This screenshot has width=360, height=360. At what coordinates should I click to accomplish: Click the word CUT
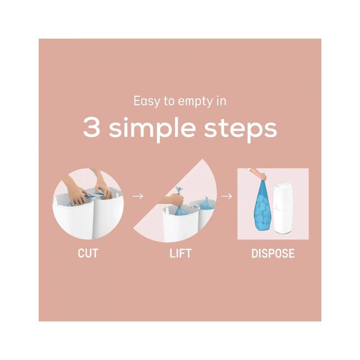pos(88,253)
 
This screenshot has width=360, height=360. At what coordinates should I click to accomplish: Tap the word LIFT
pos(180,253)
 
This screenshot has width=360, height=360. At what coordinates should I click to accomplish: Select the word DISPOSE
pos(273,253)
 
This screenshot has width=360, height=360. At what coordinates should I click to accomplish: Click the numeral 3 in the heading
pos(92,127)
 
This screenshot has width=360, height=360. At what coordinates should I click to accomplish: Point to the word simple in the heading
pos(152,129)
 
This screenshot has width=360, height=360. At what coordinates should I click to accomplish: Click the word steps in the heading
pos(240,129)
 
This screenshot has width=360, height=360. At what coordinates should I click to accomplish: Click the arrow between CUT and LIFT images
pos(138,196)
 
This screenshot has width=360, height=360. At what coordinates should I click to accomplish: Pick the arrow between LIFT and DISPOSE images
pos(227,196)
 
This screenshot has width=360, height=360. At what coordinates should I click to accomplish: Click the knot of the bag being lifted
pos(179,190)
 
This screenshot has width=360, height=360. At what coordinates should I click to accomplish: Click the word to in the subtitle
pos(169,102)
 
